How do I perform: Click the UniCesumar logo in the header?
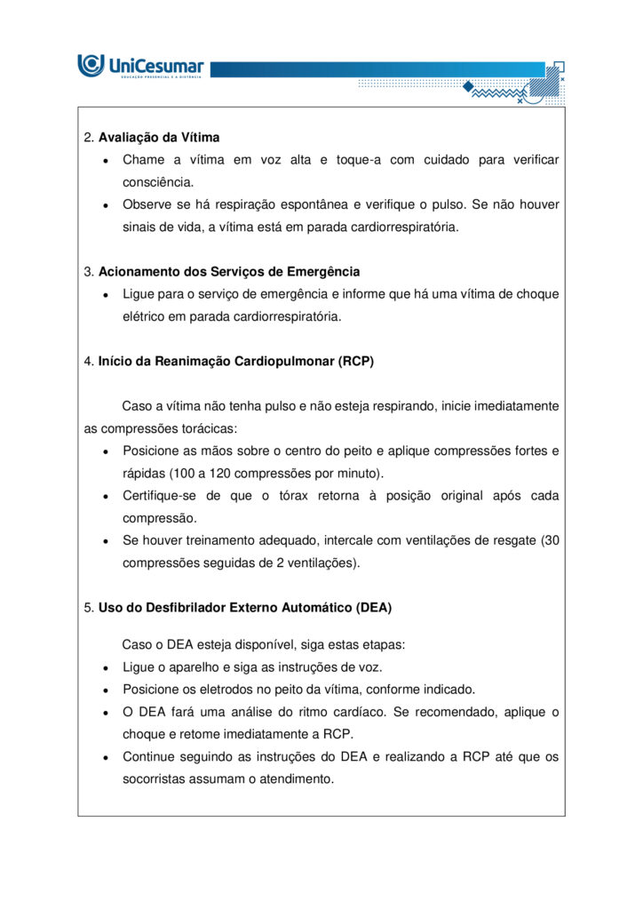point(141,66)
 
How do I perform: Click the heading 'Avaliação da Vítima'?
point(159,138)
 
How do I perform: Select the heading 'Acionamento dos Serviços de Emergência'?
point(229,271)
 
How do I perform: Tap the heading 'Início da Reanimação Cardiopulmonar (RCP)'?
point(236,361)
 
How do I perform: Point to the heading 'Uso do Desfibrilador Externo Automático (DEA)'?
point(245,608)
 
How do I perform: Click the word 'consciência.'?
point(158,182)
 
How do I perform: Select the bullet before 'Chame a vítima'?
point(106,161)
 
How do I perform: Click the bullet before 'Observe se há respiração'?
point(106,205)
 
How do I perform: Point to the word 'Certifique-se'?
point(159,495)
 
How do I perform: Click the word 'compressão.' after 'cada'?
point(160,517)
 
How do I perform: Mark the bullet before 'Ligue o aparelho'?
point(106,667)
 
